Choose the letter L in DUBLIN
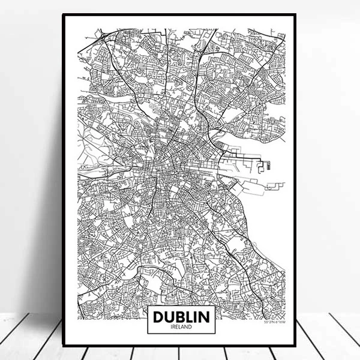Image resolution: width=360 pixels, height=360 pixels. tap(186, 316)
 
